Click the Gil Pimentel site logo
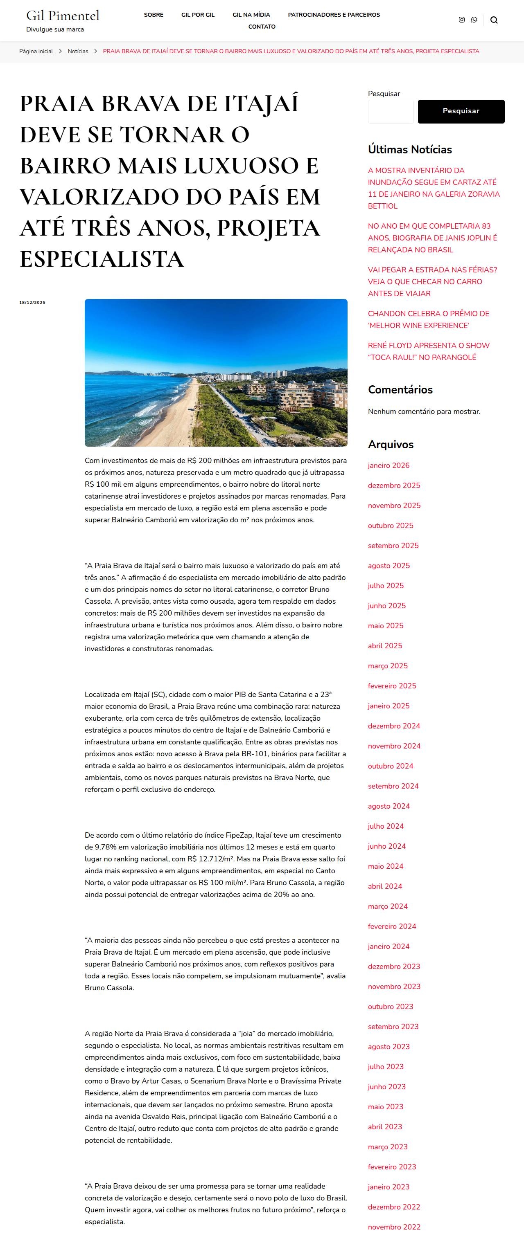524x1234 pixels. pos(63,16)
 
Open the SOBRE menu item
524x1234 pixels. pos(154,15)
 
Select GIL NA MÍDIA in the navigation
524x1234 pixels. pos(251,15)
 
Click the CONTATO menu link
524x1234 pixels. pos(262,27)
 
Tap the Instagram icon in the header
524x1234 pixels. pos(462,20)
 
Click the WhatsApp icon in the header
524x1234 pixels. pos(474,20)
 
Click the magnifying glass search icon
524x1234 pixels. pos(494,20)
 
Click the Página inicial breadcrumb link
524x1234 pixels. pos(36,51)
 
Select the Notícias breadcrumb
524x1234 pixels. pos(78,51)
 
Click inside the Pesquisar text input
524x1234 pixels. pos(391,112)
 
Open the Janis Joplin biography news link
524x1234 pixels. pos(432,238)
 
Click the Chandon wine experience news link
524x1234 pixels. pos(429,319)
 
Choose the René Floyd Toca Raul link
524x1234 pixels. pos(429,351)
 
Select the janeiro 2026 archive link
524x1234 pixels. pos(389,465)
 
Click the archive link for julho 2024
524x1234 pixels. pos(386,826)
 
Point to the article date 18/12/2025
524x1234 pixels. pos(32,303)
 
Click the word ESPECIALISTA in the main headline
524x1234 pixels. pos(102,259)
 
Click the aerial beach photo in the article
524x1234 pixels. pos(216,373)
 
